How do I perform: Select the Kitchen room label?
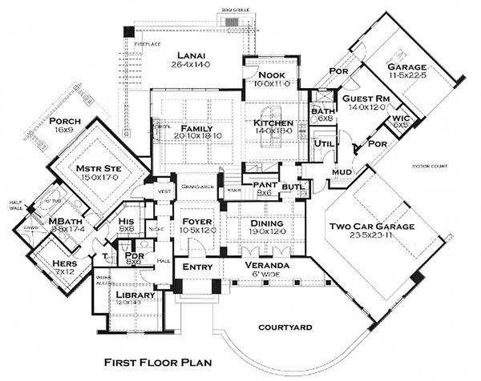point(273,123)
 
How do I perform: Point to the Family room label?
point(195,128)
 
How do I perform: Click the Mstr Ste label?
point(97,169)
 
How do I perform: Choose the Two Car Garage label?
point(371,227)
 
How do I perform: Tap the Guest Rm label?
point(366,98)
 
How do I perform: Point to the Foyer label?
point(195,222)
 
